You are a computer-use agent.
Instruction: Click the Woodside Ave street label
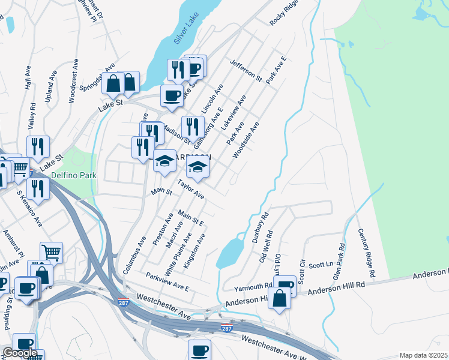tap(246, 140)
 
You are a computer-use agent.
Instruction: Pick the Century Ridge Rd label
tap(366, 253)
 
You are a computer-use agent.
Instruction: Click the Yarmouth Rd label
tap(253, 287)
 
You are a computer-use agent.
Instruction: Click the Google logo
tap(20, 353)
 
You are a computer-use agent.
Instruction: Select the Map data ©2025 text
tap(423, 355)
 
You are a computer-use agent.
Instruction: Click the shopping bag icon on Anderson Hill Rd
tap(280, 298)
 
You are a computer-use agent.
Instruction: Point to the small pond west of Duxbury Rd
tap(228, 253)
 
